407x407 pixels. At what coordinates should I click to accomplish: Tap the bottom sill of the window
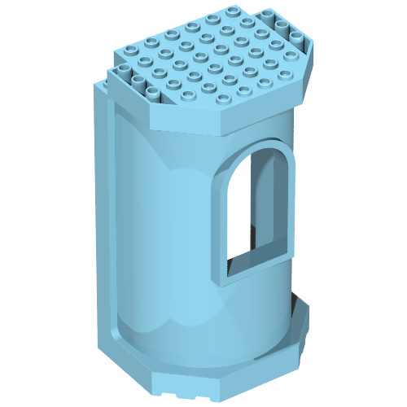pos(256,267)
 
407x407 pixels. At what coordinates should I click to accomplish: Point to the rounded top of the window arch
pos(259,155)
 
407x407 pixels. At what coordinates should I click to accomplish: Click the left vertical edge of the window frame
pos(221,220)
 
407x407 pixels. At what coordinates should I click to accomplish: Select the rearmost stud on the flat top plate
pos(235,11)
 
